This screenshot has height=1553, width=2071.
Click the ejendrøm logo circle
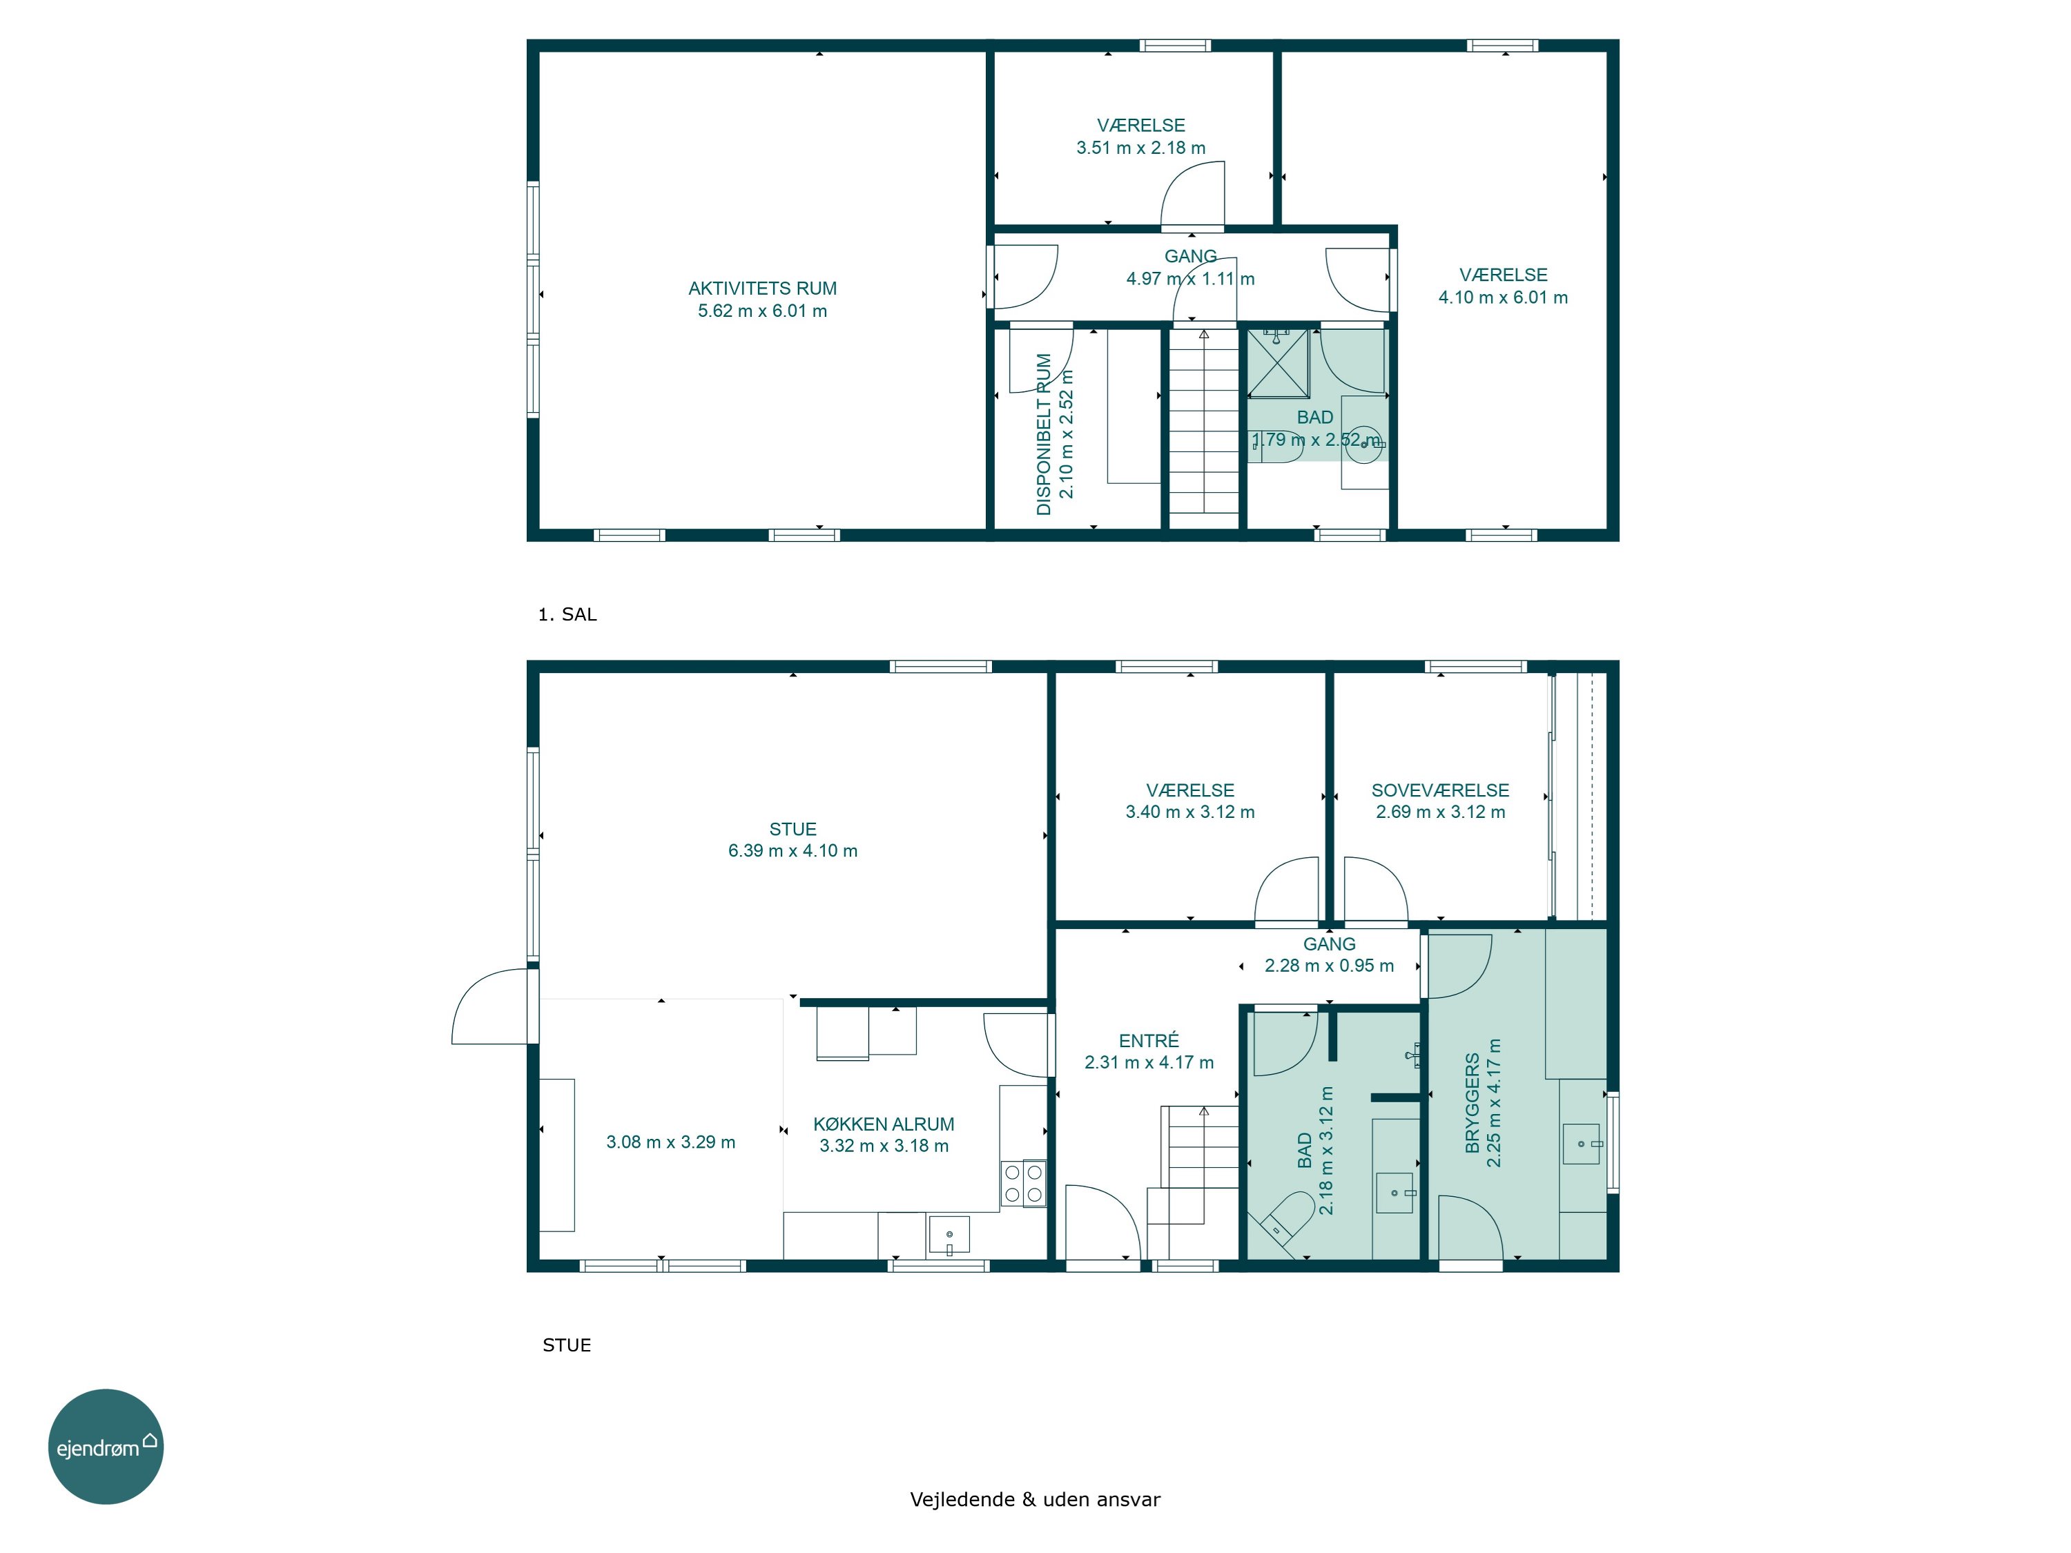[x=106, y=1446]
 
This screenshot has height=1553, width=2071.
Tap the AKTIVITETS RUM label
[x=762, y=289]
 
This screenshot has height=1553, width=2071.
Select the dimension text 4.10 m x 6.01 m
[x=1503, y=297]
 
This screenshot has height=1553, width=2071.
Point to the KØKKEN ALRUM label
[x=884, y=1123]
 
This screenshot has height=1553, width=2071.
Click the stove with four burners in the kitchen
[x=1022, y=1183]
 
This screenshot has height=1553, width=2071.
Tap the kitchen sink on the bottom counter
[x=949, y=1235]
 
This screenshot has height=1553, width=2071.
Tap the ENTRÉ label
[x=1149, y=1040]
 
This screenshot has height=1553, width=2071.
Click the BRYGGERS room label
[x=1472, y=1103]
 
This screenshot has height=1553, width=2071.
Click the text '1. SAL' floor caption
[x=567, y=614]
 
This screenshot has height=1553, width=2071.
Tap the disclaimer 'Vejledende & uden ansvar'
[x=1035, y=1498]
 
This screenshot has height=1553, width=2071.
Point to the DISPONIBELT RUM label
[x=1044, y=434]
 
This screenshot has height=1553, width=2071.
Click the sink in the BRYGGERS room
[x=1582, y=1144]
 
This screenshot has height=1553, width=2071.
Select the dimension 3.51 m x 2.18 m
[x=1140, y=148]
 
